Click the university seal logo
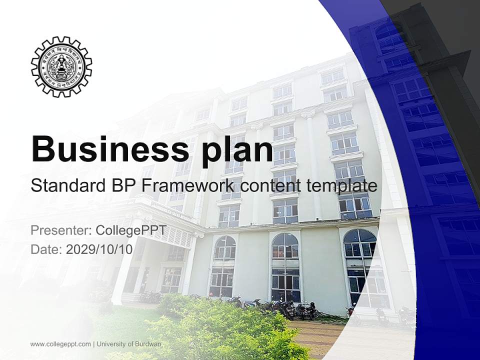61,66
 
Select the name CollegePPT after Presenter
130,231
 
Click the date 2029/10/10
99,249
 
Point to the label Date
45,249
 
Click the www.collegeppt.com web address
60,344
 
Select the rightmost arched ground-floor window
361,265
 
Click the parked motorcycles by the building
290,309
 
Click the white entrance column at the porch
120,270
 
